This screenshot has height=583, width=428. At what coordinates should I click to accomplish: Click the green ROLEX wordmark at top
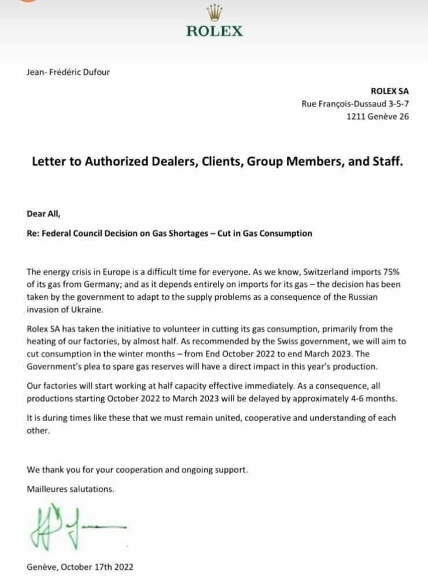(x=214, y=31)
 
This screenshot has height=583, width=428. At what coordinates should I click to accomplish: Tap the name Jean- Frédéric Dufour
(x=68, y=72)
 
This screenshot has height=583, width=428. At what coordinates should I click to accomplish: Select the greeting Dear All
(x=43, y=212)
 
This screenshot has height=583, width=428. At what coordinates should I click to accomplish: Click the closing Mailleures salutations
(x=71, y=489)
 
